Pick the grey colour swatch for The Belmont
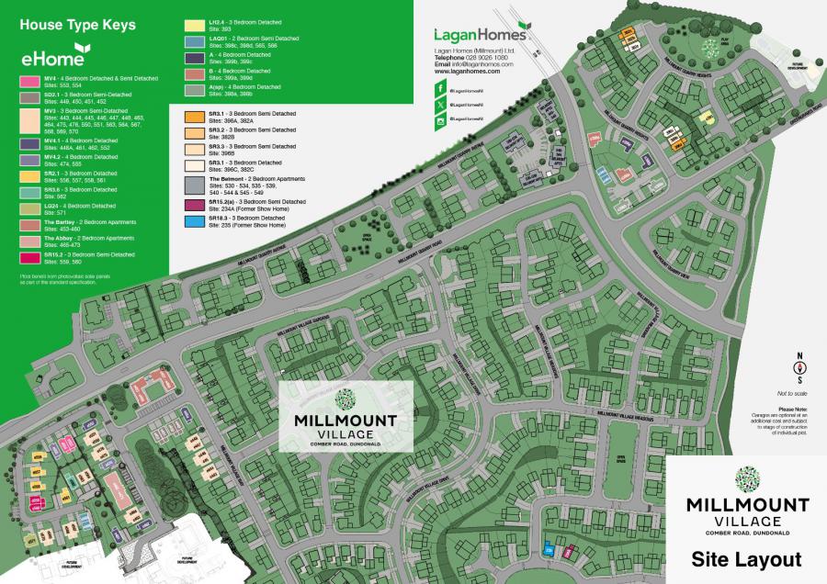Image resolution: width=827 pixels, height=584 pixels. tap(194, 185)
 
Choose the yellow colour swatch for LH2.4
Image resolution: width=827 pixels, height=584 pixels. tap(194, 25)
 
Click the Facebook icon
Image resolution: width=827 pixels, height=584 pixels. tap(439, 91)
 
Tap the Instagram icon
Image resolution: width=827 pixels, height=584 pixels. tap(439, 120)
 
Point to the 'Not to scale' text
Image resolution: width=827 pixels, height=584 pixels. tap(790, 393)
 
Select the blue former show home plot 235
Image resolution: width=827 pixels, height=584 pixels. tap(549, 550)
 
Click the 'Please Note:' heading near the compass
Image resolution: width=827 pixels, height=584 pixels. tap(792, 409)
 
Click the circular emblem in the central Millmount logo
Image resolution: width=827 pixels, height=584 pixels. tap(345, 399)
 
